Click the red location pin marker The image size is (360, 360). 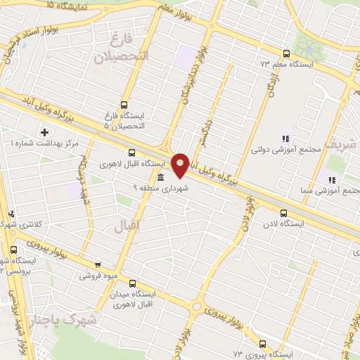[x=181, y=165]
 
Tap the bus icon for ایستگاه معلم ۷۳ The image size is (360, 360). [x=286, y=53]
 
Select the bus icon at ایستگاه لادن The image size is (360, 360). [x=283, y=213]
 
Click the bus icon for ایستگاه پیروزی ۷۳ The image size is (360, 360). [x=262, y=344]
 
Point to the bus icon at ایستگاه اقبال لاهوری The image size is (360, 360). [x=132, y=153]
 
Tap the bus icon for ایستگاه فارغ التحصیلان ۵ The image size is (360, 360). [x=124, y=105]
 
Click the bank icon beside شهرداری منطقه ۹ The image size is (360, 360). [x=161, y=177]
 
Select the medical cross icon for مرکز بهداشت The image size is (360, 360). [x=45, y=132]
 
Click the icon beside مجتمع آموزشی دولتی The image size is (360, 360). [x=285, y=139]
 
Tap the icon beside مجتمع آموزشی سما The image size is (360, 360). [x=331, y=180]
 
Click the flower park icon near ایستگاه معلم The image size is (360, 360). [x=307, y=48]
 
